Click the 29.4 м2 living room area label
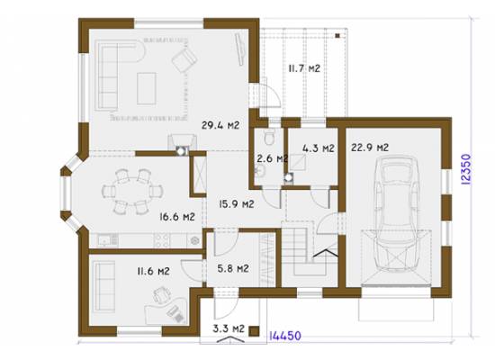220,125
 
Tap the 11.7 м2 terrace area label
304,68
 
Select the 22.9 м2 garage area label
370,148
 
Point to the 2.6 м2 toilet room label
272,157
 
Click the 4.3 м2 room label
319,148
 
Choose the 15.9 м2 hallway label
237,204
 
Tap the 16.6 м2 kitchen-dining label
177,217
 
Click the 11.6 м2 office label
153,271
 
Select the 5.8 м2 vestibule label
233,269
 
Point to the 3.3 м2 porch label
229,328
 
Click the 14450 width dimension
284,336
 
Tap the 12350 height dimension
466,169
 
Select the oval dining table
132,192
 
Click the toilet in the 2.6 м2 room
269,137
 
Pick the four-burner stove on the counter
162,240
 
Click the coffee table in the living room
147,89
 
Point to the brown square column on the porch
254,331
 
